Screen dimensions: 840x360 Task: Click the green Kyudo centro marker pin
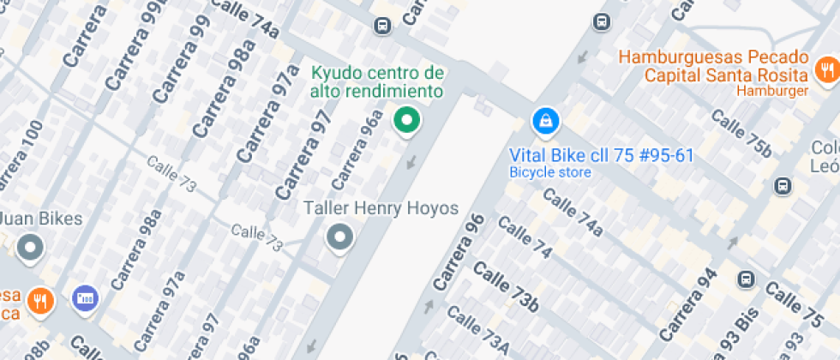407,121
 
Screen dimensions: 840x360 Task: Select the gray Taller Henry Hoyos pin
340,237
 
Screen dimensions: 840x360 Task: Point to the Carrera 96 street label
459,251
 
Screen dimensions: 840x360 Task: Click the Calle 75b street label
742,135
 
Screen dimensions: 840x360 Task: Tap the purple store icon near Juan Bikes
85,297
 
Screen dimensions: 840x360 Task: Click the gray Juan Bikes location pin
31,248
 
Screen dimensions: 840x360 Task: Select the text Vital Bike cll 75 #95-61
601,156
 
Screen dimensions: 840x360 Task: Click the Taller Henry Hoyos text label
381,208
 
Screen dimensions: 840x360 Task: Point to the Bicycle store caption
549,172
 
